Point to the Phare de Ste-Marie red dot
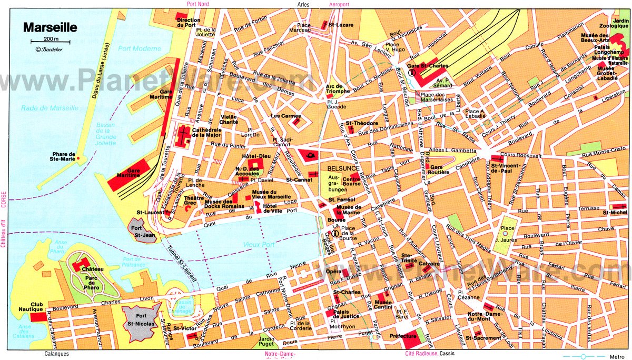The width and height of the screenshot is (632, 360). click(x=78, y=158)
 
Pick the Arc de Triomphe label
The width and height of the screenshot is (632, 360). click(x=338, y=89)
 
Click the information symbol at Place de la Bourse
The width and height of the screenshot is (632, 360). click(x=335, y=233)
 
